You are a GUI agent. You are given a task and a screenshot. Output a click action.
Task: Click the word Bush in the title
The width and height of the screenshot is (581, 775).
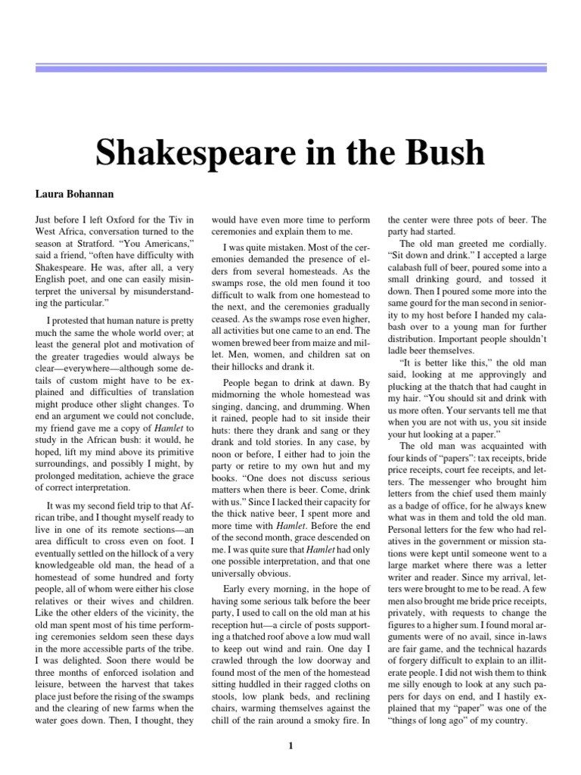[443, 153]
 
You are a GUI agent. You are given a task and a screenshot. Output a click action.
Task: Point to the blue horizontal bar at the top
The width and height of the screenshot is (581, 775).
[290, 69]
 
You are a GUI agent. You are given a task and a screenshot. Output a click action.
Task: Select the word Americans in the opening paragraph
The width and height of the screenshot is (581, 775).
[169, 247]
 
